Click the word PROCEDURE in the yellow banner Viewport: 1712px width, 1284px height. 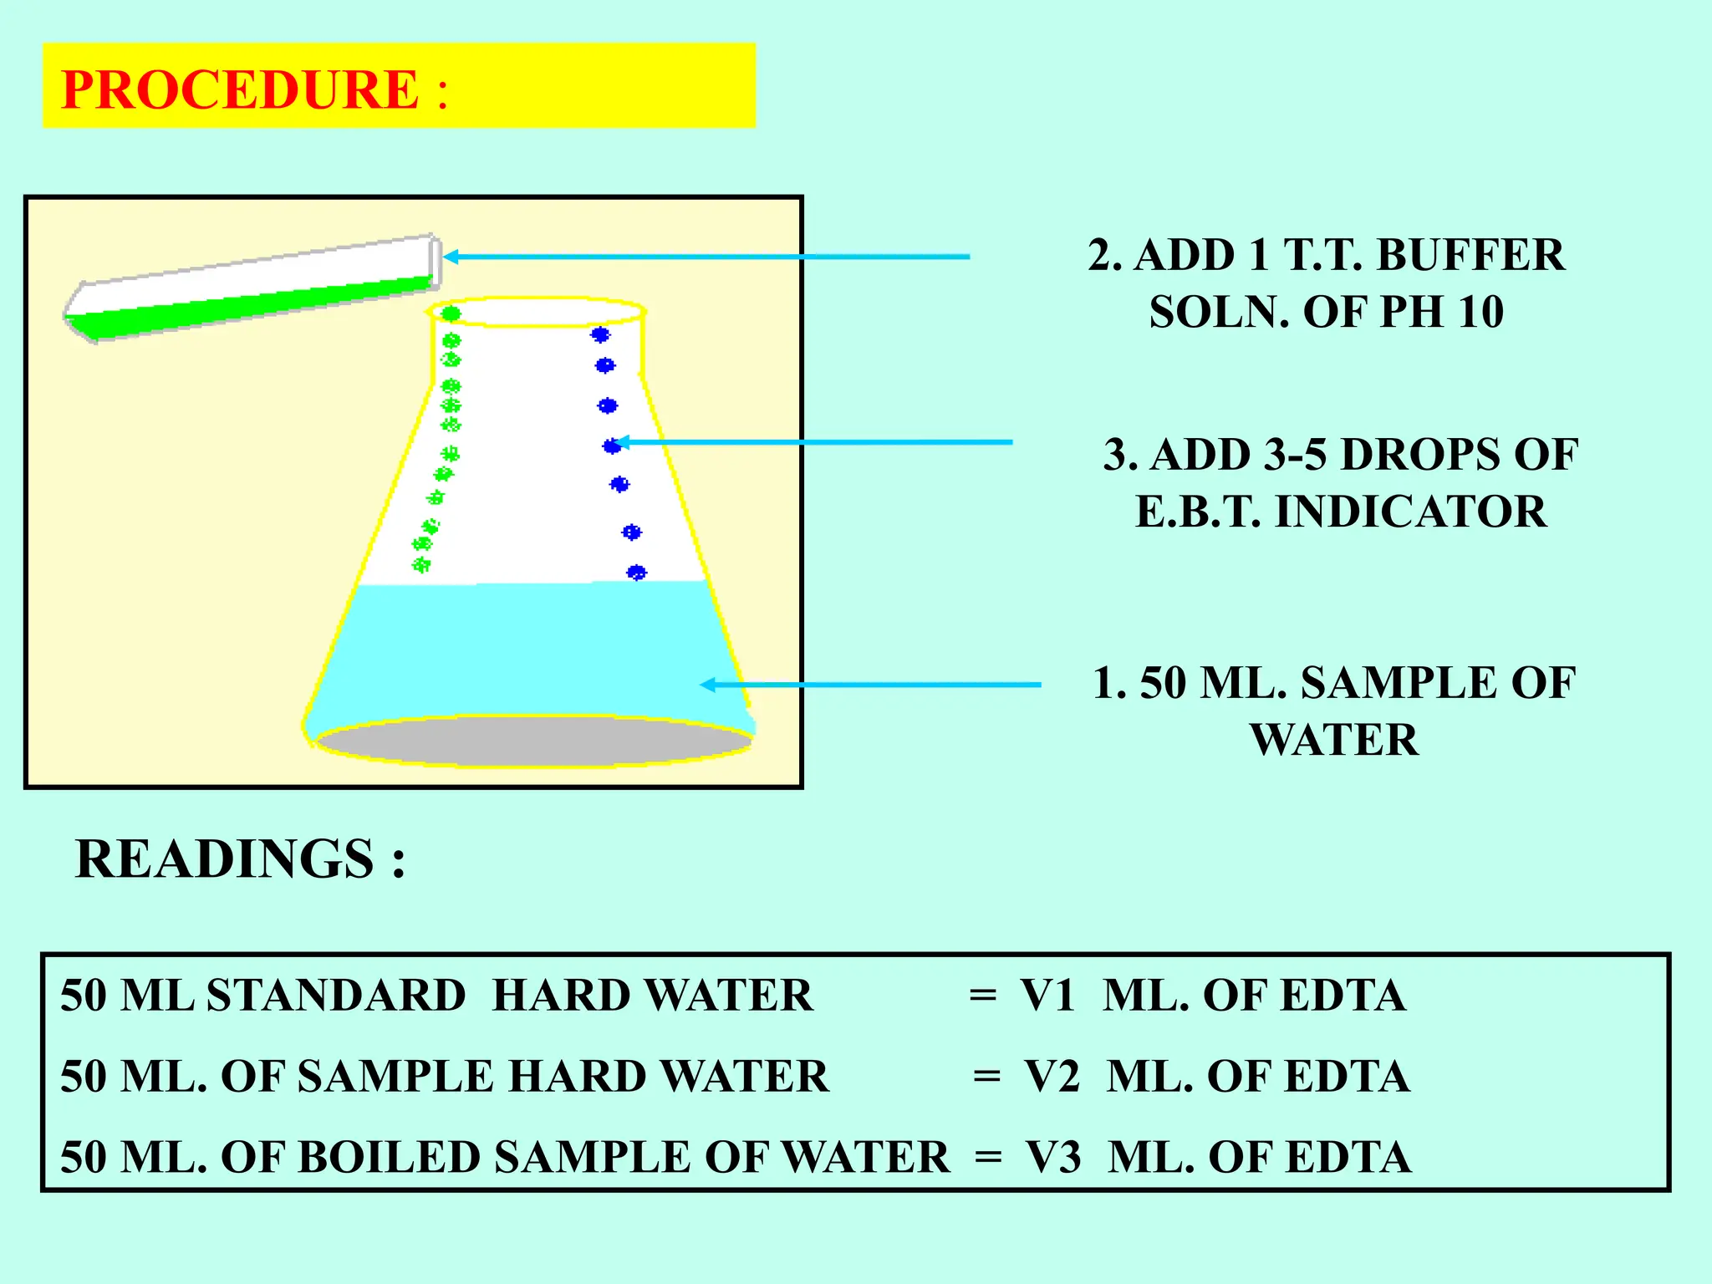[240, 89]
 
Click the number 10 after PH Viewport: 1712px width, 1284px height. [1480, 312]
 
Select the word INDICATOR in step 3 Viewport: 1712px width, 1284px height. [1411, 512]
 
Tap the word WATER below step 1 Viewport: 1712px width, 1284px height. [1334, 740]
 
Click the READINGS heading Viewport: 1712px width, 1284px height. [224, 859]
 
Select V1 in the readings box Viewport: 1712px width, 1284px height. [1047, 995]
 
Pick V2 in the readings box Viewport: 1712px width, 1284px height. [1052, 1076]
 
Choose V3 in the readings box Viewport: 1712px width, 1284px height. [1053, 1157]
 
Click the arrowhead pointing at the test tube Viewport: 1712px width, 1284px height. [450, 257]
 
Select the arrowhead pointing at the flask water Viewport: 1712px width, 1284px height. [707, 685]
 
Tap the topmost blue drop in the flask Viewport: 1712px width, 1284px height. [600, 334]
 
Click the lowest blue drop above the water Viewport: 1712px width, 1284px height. [636, 573]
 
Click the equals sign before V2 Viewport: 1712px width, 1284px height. [986, 1077]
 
